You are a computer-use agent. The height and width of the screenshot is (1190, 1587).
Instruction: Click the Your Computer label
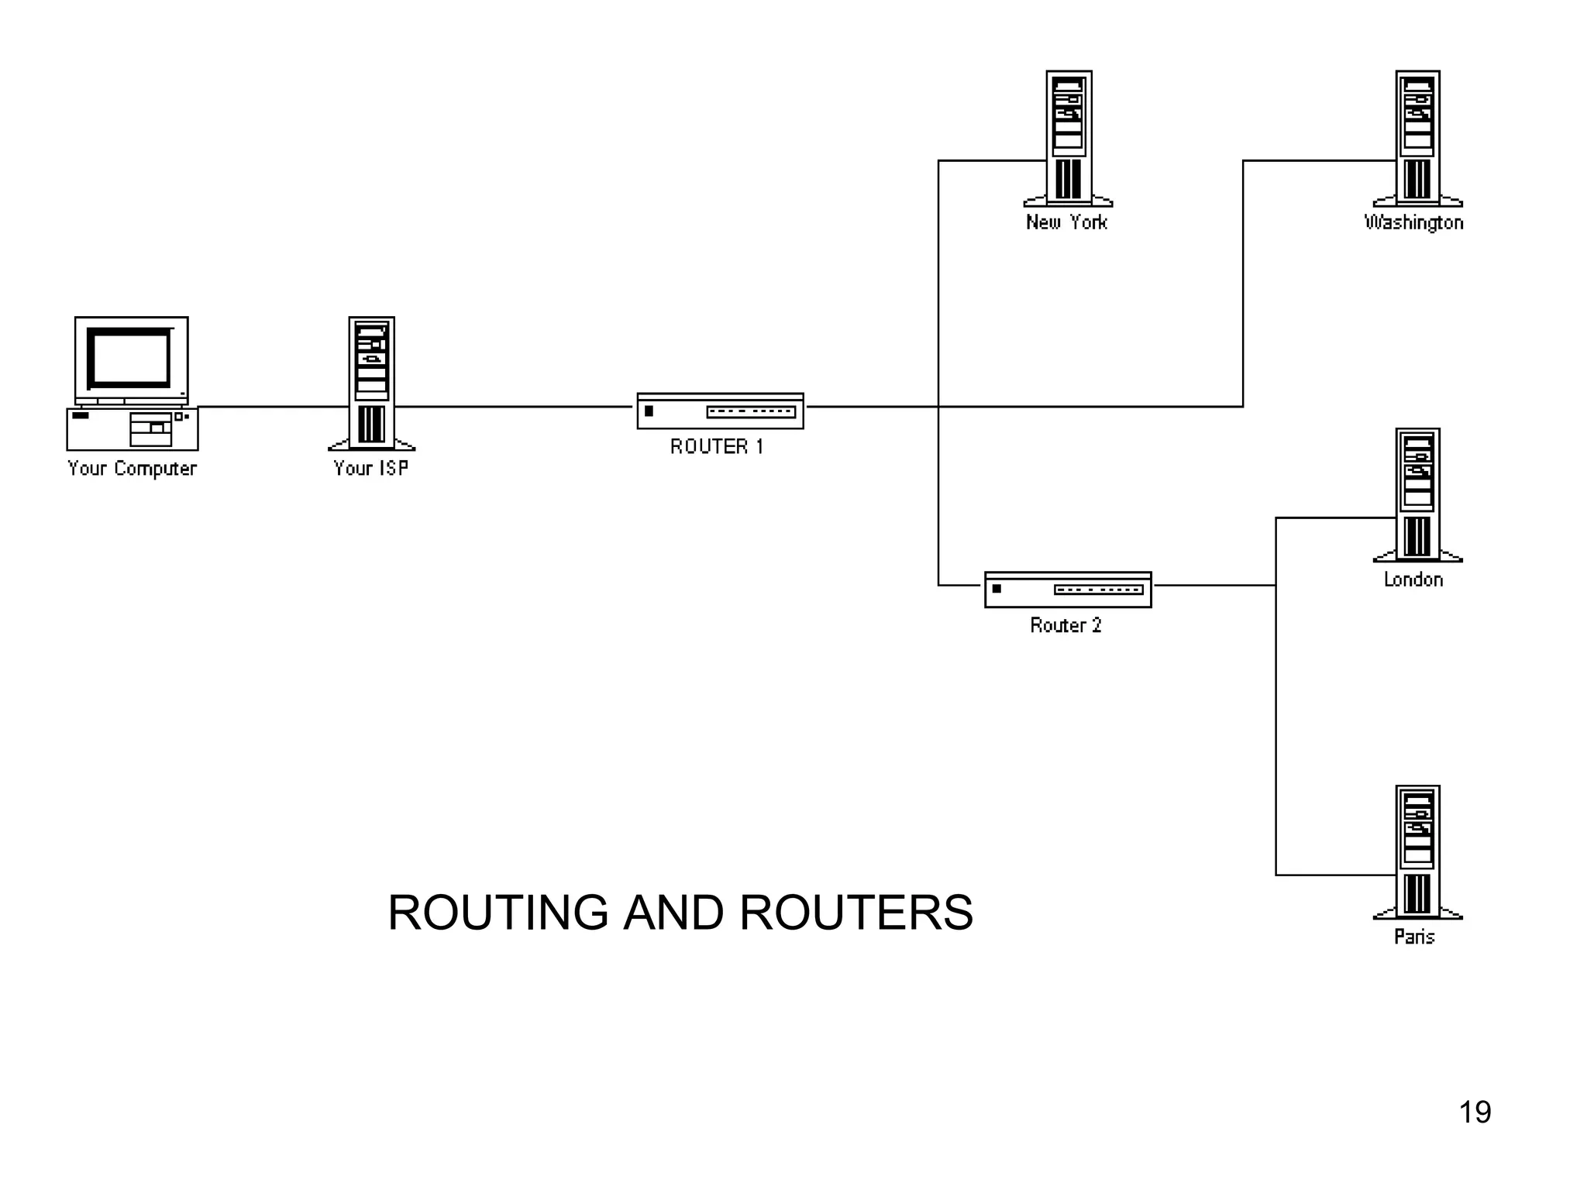[x=133, y=468]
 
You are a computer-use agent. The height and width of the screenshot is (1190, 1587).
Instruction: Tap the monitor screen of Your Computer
[x=129, y=357]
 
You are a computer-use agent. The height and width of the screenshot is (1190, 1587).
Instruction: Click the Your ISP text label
[x=370, y=468]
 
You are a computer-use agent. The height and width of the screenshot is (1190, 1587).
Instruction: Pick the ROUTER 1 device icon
[x=720, y=411]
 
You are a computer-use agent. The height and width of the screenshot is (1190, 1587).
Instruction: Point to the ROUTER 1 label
[x=717, y=446]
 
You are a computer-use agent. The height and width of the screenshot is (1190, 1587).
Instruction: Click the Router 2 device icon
[x=1068, y=590]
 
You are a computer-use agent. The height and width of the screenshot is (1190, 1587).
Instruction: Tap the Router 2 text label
[x=1065, y=625]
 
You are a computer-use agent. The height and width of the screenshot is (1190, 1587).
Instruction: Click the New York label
[x=1066, y=222]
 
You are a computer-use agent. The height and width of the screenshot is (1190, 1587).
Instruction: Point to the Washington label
[x=1413, y=222]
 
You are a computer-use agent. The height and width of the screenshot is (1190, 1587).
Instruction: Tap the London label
[x=1413, y=580]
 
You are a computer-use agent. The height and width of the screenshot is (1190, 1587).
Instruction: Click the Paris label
[x=1414, y=937]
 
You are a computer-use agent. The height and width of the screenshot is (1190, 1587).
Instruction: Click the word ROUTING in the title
[x=497, y=913]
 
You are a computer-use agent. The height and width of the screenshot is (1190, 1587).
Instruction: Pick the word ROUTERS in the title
[x=855, y=913]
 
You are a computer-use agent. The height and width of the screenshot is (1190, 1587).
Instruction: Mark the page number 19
[x=1475, y=1112]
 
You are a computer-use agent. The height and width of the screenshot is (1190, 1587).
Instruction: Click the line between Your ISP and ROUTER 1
[x=515, y=406]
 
